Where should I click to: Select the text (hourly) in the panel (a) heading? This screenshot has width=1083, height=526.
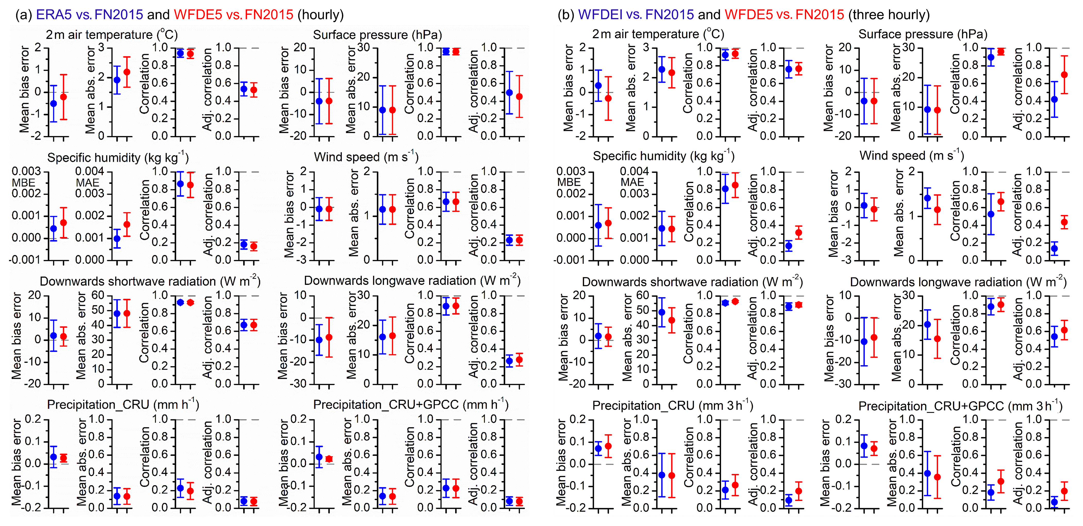320,15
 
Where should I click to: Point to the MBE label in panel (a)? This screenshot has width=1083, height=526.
23,183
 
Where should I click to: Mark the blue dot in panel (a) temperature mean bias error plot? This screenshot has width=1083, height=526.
53,104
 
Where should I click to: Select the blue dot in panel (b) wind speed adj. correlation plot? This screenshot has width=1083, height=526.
1054,249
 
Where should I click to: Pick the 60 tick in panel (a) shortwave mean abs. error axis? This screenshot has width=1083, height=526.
98,295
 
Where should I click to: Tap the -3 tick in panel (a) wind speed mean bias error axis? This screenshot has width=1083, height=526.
301,260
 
